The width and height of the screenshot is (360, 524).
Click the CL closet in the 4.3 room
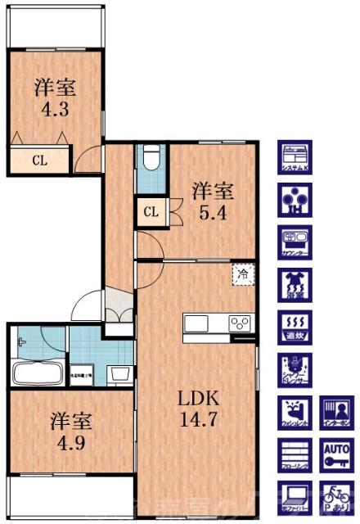click(x=39, y=160)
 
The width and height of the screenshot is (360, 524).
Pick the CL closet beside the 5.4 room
click(x=150, y=213)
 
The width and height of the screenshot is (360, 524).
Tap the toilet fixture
click(x=150, y=160)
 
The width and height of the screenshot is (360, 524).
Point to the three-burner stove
click(x=240, y=322)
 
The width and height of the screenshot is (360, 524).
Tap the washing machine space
click(x=83, y=374)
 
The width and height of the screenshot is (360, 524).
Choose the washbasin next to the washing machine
click(x=119, y=374)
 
